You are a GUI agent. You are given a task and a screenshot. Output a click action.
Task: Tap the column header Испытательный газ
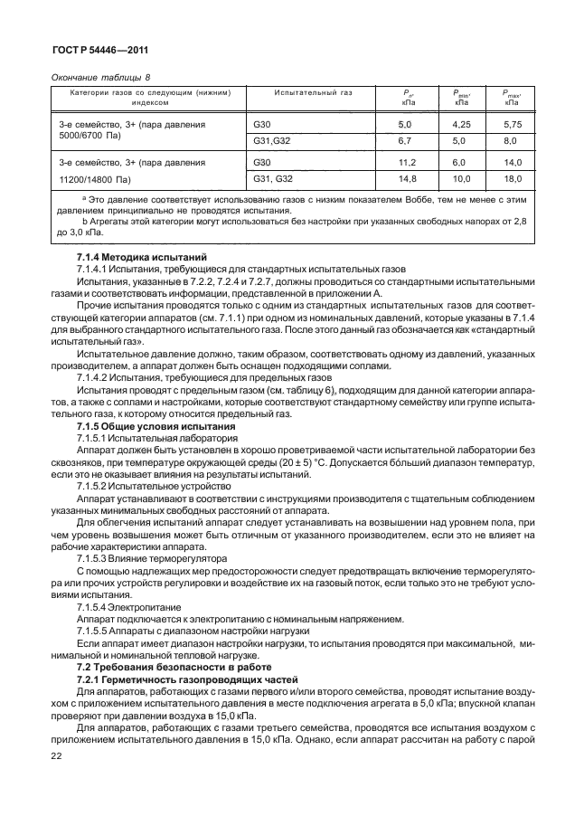click(314, 92)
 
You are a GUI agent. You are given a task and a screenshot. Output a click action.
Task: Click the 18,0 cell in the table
click(512, 180)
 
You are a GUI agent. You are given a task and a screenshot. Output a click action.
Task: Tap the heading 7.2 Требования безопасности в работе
click(160, 667)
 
